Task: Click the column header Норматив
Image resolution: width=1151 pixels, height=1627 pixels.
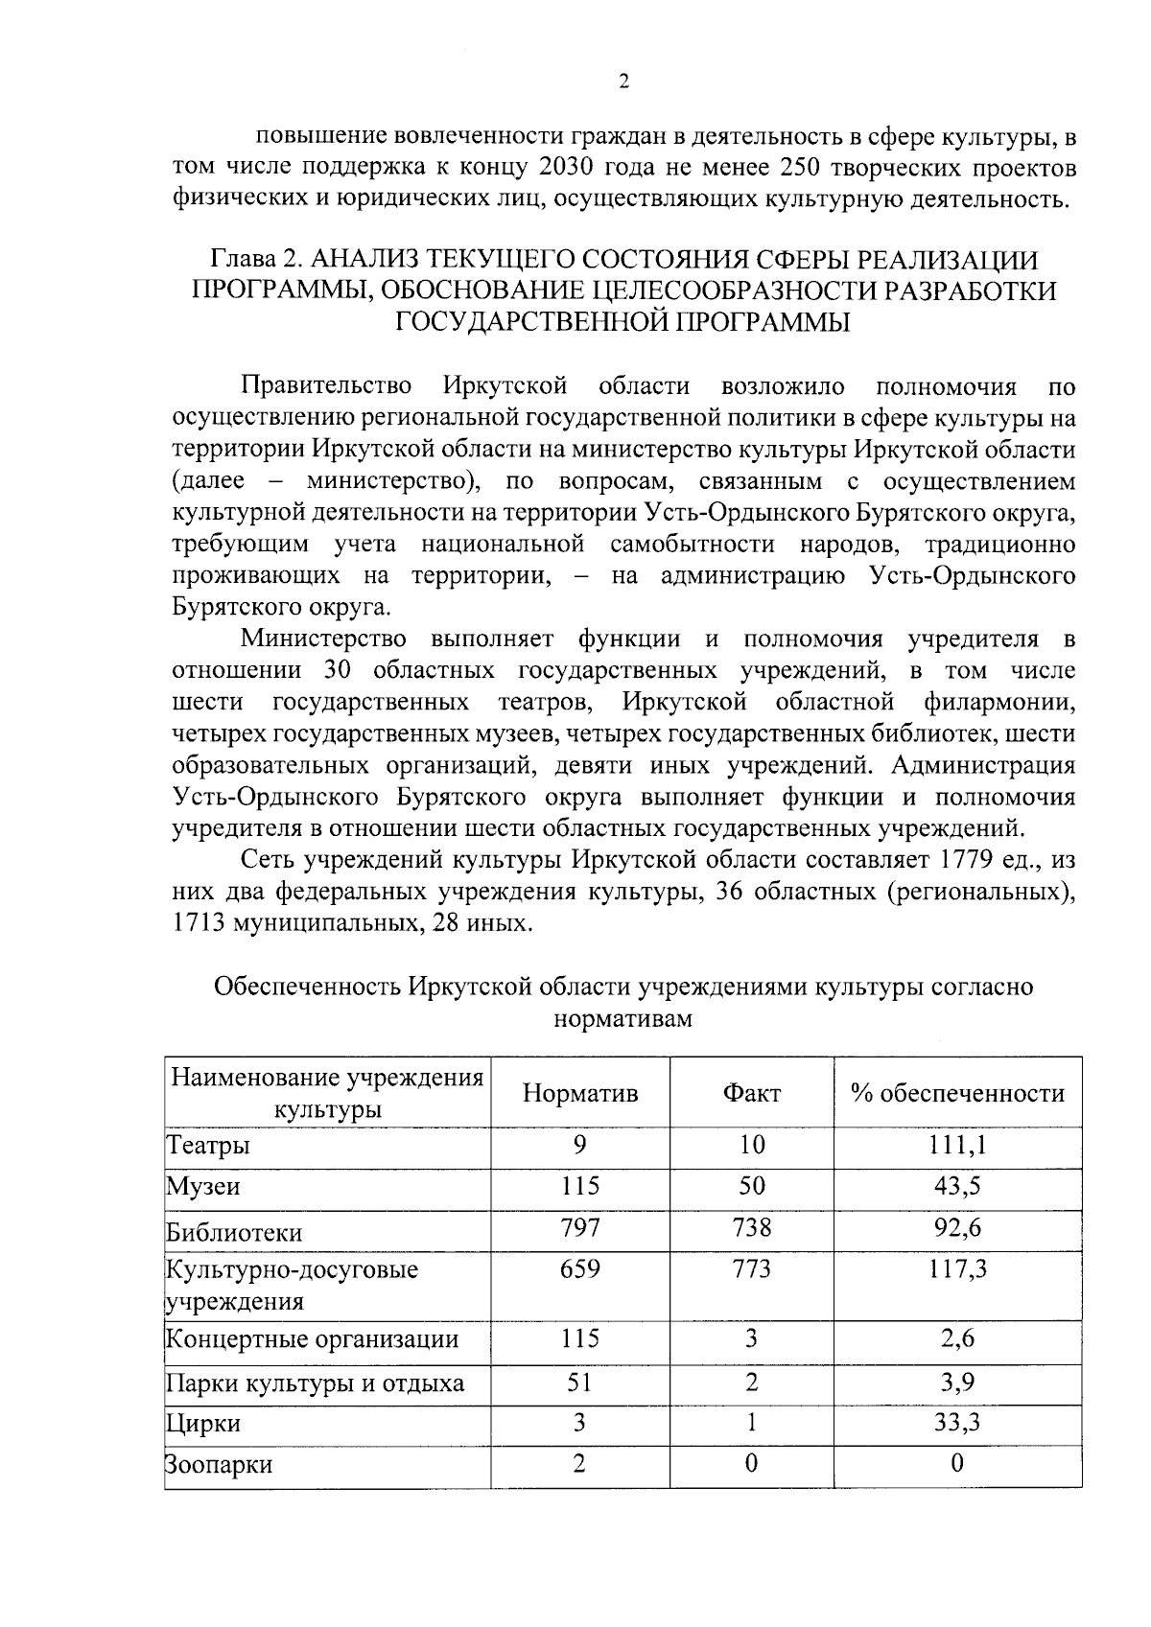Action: click(580, 1094)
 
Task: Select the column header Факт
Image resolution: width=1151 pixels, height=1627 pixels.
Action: click(752, 1094)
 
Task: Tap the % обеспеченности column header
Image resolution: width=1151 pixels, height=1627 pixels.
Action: click(957, 1094)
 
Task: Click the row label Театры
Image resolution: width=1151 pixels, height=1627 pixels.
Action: click(209, 1146)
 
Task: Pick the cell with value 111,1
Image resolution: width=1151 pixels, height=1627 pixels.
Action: click(957, 1145)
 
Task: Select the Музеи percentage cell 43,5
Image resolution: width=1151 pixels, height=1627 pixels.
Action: click(957, 1186)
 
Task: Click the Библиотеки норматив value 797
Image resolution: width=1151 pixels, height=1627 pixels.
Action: click(580, 1228)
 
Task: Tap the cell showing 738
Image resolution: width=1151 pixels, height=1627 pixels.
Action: click(752, 1228)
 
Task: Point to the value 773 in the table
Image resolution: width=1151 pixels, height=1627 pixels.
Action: click(752, 1270)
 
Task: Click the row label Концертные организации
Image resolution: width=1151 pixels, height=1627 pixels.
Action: click(313, 1339)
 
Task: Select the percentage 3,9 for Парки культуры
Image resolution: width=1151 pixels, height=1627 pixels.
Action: click(957, 1382)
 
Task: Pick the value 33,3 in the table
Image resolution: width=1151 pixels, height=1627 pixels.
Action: click(957, 1423)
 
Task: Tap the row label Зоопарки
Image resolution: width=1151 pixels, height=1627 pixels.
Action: click(219, 1465)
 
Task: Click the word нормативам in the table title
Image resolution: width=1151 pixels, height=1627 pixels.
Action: click(623, 1018)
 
